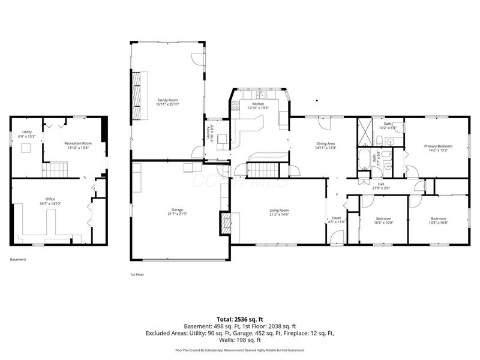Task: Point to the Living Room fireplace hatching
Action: click(226, 223)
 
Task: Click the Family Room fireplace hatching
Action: click(137, 88)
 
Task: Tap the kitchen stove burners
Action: click(236, 106)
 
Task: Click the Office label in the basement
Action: click(50, 201)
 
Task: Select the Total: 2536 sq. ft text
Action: click(240, 319)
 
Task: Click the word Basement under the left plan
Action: click(18, 260)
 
